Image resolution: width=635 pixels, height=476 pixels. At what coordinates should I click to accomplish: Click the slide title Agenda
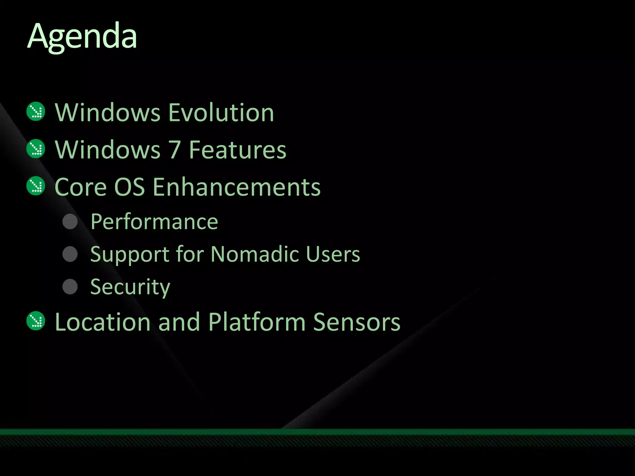pyautogui.click(x=82, y=37)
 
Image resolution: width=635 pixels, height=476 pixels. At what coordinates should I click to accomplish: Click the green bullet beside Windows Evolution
pyautogui.click(x=36, y=111)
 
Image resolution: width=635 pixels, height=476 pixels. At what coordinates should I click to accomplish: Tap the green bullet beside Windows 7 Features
pyautogui.click(x=36, y=149)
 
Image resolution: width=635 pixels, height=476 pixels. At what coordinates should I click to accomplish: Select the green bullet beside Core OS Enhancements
pyautogui.click(x=36, y=186)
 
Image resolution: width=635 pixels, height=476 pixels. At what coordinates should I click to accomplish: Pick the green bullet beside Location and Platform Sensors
pyautogui.click(x=36, y=321)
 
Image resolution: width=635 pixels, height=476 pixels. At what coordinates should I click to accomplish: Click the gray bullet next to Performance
pyautogui.click(x=70, y=222)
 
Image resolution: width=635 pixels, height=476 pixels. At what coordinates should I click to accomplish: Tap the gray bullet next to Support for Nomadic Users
pyautogui.click(x=70, y=254)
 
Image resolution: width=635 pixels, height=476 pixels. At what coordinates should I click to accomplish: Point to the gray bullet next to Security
pyautogui.click(x=70, y=286)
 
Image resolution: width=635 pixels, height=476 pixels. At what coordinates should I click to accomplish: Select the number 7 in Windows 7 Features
pyautogui.click(x=175, y=150)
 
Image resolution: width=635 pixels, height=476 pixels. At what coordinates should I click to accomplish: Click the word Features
pyautogui.click(x=238, y=150)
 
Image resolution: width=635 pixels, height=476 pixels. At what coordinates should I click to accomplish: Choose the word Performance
pyautogui.click(x=154, y=222)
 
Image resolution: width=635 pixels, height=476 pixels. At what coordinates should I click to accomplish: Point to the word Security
pyautogui.click(x=130, y=287)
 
